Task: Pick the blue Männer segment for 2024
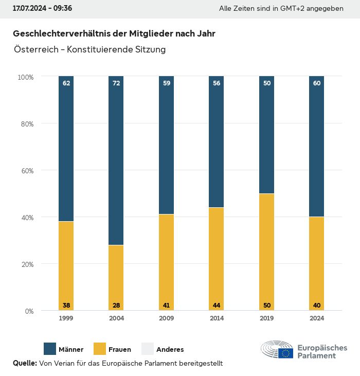tap(317, 147)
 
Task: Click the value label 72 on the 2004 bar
tap(116, 83)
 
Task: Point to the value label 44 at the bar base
tap(217, 306)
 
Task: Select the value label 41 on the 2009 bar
tap(167, 306)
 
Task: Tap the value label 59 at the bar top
tap(167, 83)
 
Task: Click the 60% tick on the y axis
tap(26, 170)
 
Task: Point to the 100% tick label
tap(25, 77)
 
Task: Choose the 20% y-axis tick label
tap(26, 264)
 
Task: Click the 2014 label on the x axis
tap(217, 318)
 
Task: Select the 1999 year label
tap(66, 318)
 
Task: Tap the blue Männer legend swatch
tap(50, 349)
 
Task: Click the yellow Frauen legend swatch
tap(100, 349)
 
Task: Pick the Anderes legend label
tap(170, 350)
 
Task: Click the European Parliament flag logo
tap(286, 353)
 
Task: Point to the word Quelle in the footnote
tap(25, 363)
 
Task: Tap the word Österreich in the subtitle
tap(34, 50)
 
